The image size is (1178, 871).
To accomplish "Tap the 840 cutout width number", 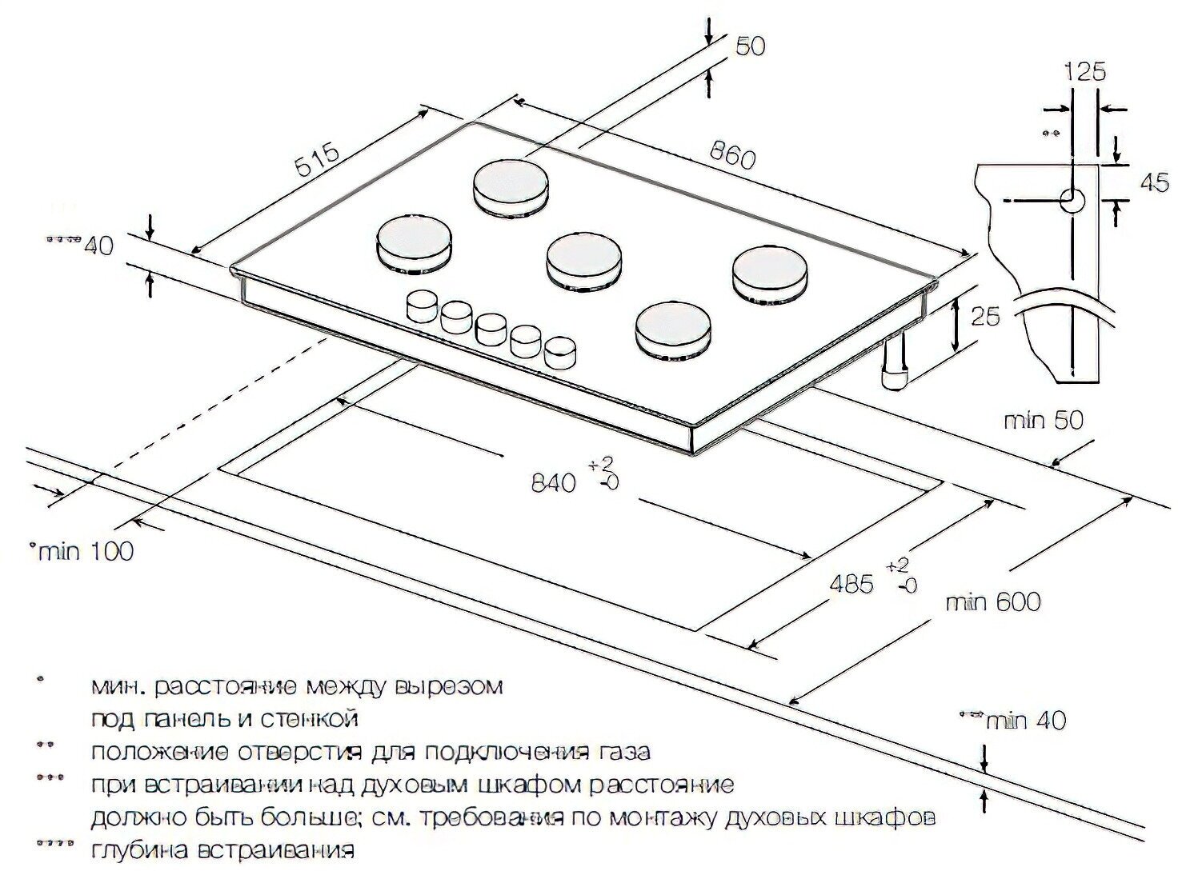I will [553, 482].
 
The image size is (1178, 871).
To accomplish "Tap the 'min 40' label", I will [1027, 720].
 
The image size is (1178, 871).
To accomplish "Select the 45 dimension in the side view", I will [1153, 182].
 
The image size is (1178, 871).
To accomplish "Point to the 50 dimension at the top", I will [750, 46].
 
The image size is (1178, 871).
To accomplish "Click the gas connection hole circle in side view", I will [1072, 200].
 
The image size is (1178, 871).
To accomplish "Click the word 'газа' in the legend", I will [618, 752].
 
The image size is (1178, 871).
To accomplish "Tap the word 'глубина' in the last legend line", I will [137, 849].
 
